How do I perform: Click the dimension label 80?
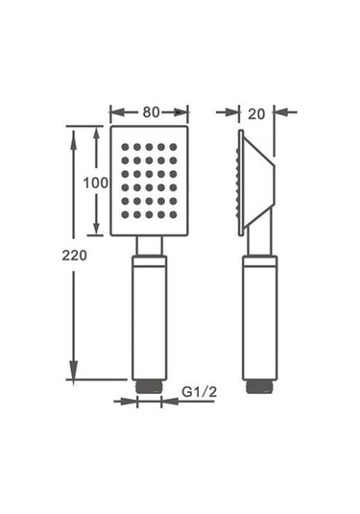click(x=151, y=111)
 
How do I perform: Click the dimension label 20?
click(x=254, y=112)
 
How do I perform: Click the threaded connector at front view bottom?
click(x=149, y=384)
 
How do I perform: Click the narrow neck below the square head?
click(x=149, y=246)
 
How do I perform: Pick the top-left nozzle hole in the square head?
click(x=126, y=147)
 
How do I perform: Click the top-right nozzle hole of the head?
click(x=173, y=147)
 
